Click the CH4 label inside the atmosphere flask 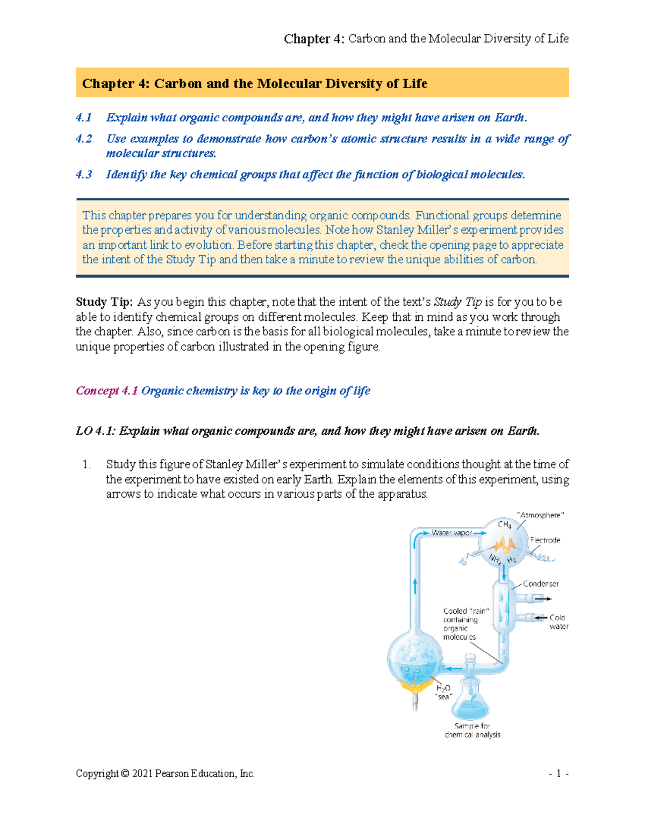point(504,525)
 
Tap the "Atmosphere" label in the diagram point(540,515)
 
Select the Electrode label point(545,540)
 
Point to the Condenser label point(541,584)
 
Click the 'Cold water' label point(558,622)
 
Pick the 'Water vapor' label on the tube point(451,533)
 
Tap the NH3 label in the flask point(495,560)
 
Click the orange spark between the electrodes point(504,546)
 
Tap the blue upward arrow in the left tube point(415,585)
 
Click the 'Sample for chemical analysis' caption point(472,730)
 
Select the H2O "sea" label point(443,692)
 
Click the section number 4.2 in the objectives point(84,139)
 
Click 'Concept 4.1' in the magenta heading point(107,391)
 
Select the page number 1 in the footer point(558,774)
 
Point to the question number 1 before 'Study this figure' point(87,464)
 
